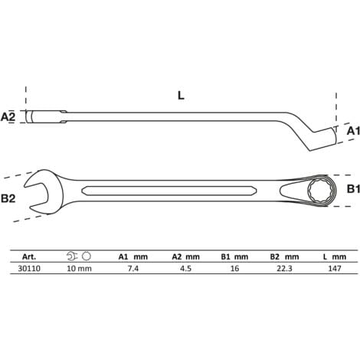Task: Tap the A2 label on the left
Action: coord(9,116)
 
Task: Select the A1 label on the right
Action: coord(351,131)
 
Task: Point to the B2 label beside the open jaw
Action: coord(9,198)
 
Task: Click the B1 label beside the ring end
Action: coord(351,188)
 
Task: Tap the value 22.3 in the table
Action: coord(283,269)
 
